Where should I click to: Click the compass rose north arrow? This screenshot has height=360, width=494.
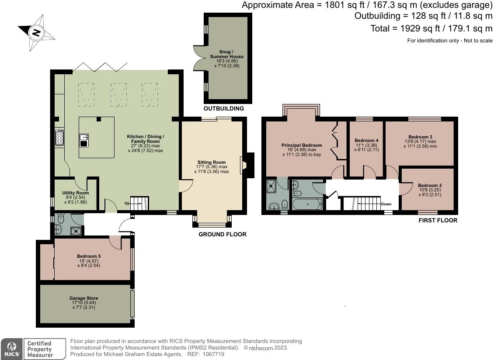pos(37,32)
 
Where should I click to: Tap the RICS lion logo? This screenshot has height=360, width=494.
pos(10,349)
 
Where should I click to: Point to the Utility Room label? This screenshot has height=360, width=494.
pos(75,193)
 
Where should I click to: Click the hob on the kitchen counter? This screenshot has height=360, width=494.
pos(59,138)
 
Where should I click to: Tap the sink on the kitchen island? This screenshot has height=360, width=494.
pos(84,141)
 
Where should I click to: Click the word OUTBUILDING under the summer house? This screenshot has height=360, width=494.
pos(224,108)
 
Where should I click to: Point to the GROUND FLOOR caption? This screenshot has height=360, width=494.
pos(223,234)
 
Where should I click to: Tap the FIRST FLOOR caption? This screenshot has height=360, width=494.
pos(438,220)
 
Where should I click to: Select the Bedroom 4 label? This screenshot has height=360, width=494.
pos(366,140)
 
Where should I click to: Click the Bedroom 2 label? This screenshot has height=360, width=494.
pos(429,185)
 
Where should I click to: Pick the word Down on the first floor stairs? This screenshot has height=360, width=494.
pos(386,204)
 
